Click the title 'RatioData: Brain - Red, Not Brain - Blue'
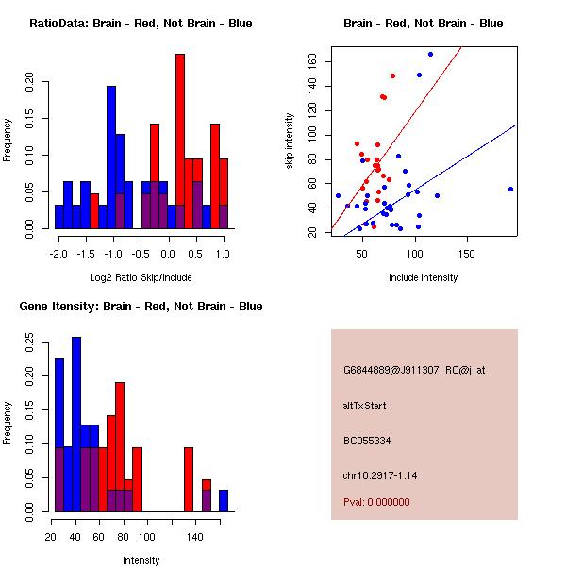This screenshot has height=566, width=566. (141, 24)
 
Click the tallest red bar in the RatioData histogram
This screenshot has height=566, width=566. (179, 141)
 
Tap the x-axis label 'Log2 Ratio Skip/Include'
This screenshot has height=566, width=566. (141, 277)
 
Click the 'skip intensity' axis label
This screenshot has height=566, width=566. (290, 141)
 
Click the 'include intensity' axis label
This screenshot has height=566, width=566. (424, 277)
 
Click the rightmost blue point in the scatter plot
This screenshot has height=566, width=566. (510, 189)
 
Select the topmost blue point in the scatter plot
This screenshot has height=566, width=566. (430, 54)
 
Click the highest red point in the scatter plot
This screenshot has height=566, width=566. (392, 75)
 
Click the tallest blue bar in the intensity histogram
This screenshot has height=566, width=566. (76, 424)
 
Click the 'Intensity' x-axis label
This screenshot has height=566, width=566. (141, 560)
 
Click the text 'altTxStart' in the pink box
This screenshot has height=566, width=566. (364, 406)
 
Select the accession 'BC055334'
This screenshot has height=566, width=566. (367, 441)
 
